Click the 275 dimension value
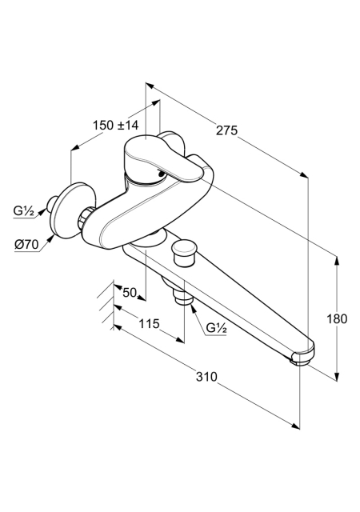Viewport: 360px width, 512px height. (226, 130)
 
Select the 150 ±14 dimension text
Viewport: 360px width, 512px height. (116, 125)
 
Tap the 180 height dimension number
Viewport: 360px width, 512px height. (337, 318)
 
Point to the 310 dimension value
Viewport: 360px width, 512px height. (206, 377)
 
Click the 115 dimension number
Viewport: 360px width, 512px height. (149, 323)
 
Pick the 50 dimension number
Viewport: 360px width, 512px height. (130, 293)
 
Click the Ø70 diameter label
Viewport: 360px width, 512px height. (26, 244)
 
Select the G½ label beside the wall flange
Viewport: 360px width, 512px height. (23, 211)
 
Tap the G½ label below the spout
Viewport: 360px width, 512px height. (216, 327)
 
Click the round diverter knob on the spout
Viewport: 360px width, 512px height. (183, 250)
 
